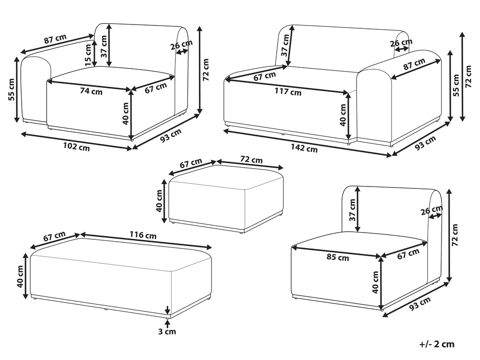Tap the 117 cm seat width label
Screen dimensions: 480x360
click(x=288, y=91)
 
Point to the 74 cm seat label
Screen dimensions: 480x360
click(x=91, y=91)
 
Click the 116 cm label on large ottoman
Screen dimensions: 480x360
click(x=143, y=235)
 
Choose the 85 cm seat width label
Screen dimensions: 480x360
click(x=338, y=257)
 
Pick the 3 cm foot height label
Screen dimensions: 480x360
click(x=167, y=331)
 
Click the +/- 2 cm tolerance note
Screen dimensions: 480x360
click(x=437, y=344)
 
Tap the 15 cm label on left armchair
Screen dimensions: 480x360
click(x=88, y=55)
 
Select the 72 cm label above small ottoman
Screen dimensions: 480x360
click(x=251, y=160)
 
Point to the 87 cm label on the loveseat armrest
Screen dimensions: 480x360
click(x=414, y=64)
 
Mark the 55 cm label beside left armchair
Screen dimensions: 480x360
click(x=12, y=90)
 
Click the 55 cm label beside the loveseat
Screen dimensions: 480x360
click(x=456, y=86)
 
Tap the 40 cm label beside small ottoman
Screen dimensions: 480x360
click(x=159, y=201)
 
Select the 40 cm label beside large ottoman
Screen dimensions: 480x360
click(x=20, y=276)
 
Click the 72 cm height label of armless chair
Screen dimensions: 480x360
click(x=455, y=235)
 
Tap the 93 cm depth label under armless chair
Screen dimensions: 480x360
click(x=420, y=304)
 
